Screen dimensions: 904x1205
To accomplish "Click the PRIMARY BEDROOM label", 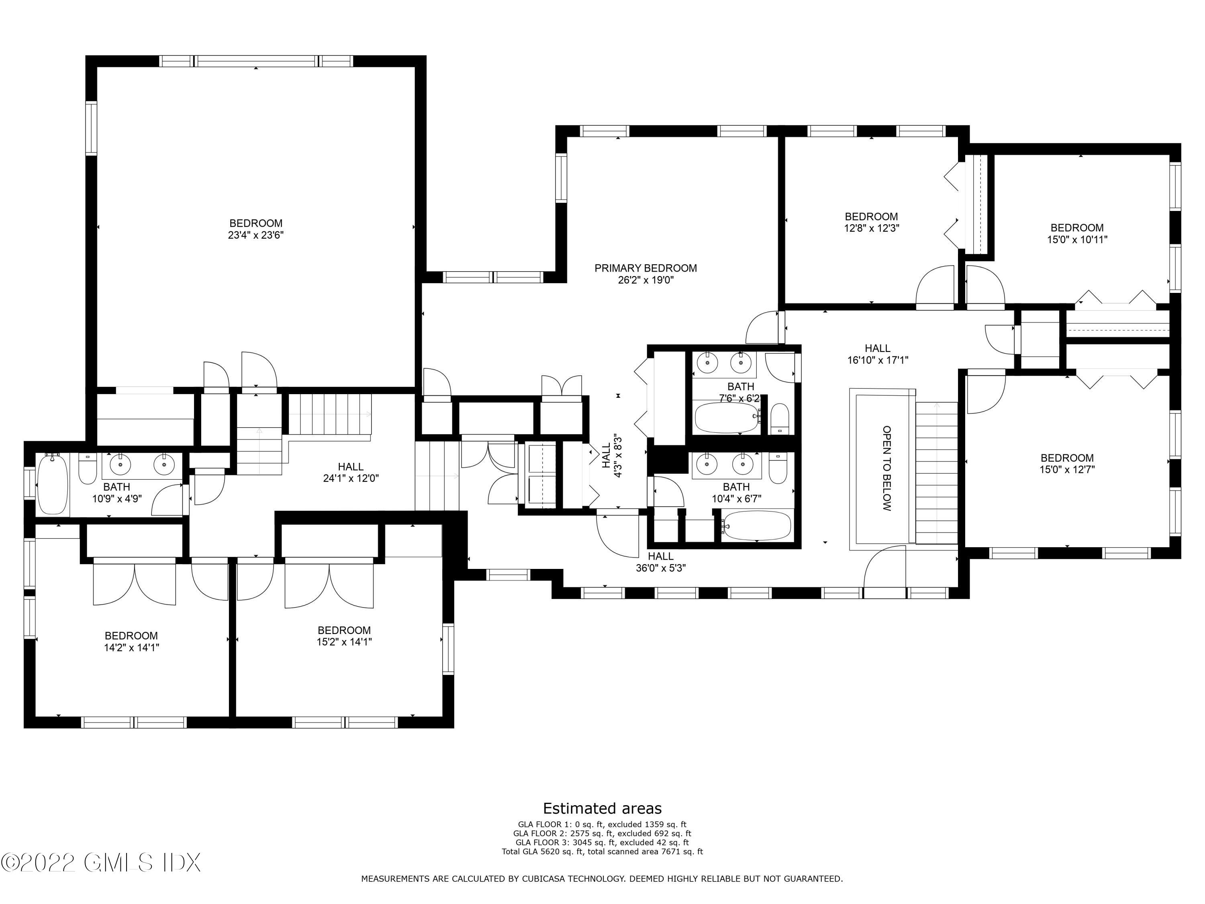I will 645,268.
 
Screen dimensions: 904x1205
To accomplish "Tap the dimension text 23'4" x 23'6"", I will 256,235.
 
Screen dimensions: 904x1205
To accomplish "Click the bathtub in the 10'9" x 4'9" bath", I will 52,484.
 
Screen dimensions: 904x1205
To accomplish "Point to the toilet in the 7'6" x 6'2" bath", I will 780,419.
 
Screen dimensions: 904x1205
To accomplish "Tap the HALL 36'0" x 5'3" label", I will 660,562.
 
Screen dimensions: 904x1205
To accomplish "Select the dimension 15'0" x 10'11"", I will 1077,239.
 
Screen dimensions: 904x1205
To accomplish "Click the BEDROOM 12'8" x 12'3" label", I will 871,222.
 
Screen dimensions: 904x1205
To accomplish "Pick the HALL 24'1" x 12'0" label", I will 350,472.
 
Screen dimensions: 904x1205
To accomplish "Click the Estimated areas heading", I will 602,808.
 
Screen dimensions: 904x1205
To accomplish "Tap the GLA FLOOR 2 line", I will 602,833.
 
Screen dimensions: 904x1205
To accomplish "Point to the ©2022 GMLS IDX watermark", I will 101,863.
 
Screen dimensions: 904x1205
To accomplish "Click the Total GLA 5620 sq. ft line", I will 602,851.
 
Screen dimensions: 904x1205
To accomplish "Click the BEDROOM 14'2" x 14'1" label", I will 131,641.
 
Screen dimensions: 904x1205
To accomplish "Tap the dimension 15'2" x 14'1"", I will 344,642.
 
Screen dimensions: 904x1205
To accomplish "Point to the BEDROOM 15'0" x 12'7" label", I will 1067,464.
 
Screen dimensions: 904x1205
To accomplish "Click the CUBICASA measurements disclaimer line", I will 602,878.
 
